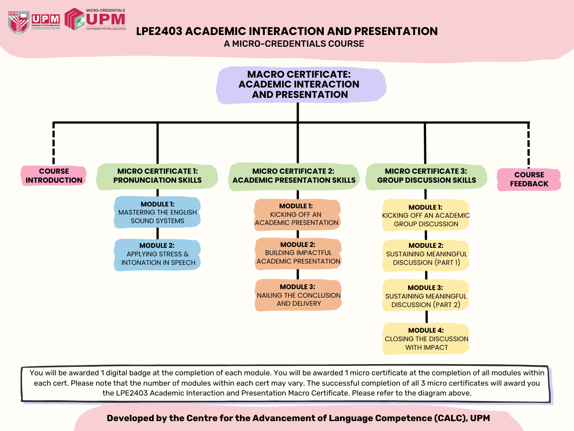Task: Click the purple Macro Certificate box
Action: [x=301, y=85]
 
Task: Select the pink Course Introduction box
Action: [x=54, y=176]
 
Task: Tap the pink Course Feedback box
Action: [x=529, y=179]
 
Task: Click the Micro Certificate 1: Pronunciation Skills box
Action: [x=157, y=176]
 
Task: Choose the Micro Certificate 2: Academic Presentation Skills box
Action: [x=294, y=176]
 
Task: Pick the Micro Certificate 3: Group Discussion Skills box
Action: [x=426, y=176]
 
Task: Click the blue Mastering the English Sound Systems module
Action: [x=157, y=212]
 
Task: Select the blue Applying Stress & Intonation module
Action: [x=157, y=255]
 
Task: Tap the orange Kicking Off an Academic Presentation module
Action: [x=297, y=215]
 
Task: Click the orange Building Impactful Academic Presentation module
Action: [x=298, y=253]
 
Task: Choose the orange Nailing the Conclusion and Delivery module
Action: [x=298, y=295]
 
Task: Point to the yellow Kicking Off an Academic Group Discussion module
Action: [x=426, y=215]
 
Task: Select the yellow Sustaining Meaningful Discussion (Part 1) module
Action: [x=426, y=255]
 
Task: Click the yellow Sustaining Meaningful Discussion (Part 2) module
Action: [x=426, y=295]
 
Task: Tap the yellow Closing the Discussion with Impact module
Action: [x=426, y=339]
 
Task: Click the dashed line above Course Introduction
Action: [x=54, y=143]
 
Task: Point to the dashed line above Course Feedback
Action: [x=529, y=145]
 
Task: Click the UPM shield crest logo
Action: [x=18, y=23]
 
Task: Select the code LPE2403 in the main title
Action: [x=159, y=31]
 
